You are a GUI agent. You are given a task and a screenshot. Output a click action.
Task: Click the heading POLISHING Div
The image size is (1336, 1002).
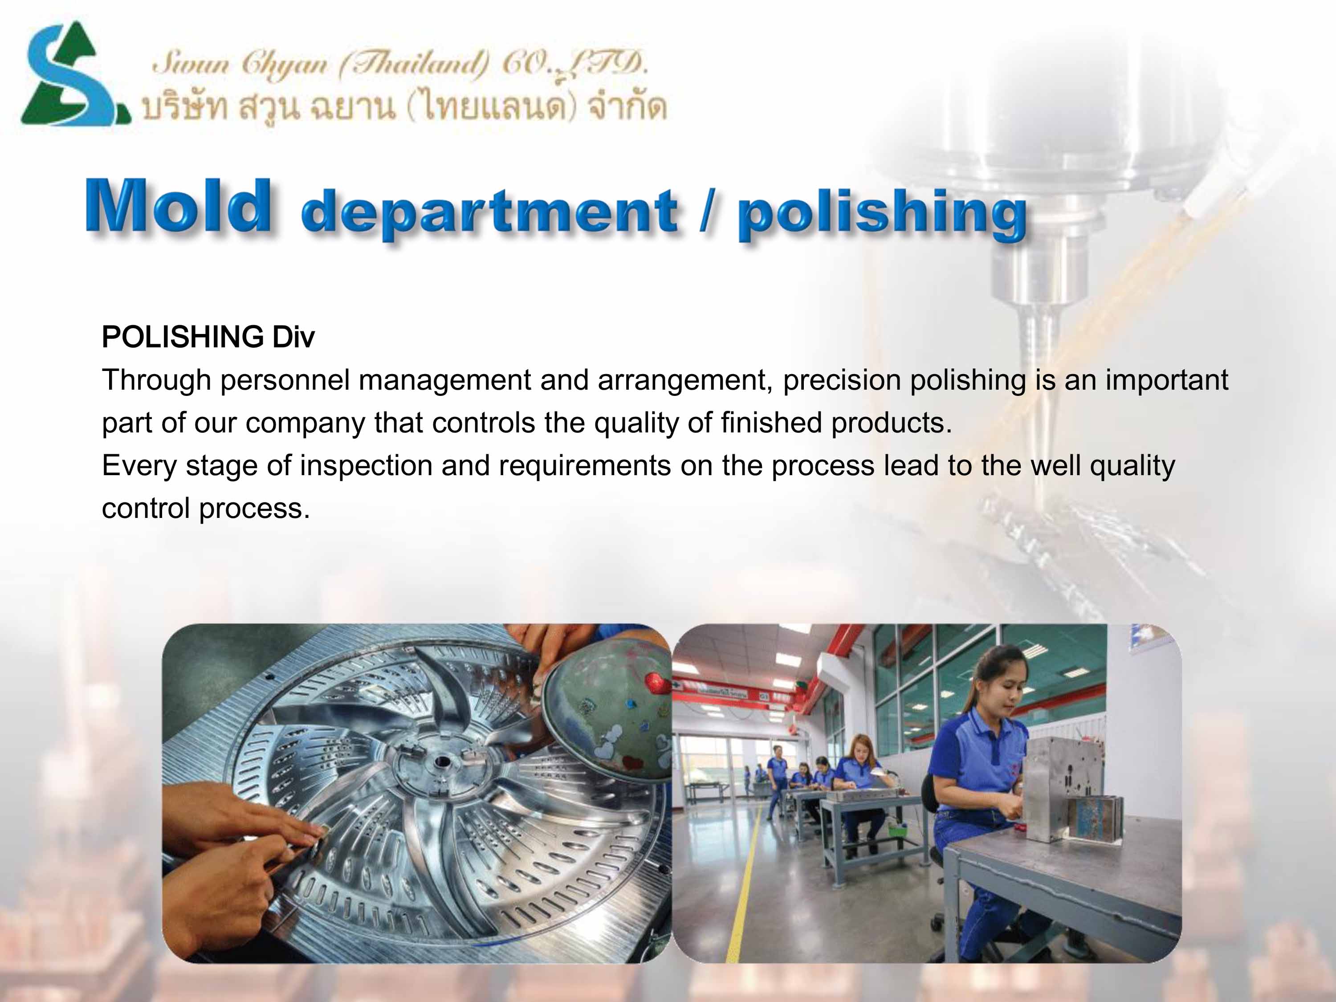click(x=208, y=337)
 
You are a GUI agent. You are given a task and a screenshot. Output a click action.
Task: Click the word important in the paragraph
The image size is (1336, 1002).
click(x=1167, y=380)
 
